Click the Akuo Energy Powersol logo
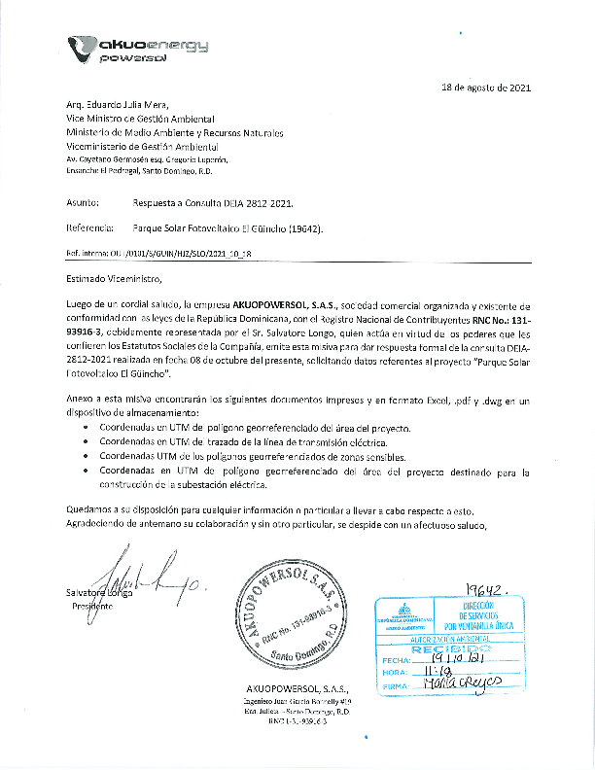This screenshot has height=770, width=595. tap(137, 48)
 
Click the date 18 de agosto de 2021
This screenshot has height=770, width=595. tap(486, 87)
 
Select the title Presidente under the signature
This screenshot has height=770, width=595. tap(92, 606)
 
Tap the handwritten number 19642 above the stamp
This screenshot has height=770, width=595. tap(487, 591)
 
